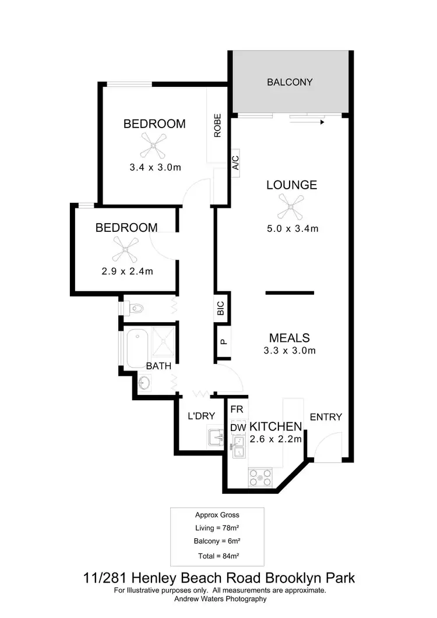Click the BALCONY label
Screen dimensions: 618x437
[290, 82]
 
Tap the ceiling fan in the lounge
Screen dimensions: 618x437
[290, 206]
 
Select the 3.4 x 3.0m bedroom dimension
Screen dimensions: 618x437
[155, 168]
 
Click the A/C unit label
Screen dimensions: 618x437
[235, 161]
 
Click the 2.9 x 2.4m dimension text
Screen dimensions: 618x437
[126, 271]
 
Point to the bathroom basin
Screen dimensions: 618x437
[145, 383]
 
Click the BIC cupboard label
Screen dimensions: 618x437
[221, 308]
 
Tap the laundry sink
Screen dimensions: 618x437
[216, 436]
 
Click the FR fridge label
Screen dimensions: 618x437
[237, 409]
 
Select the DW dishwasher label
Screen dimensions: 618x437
[237, 428]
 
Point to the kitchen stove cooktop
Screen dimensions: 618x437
[260, 478]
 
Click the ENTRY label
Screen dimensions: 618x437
[326, 417]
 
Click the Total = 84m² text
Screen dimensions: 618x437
[217, 556]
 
